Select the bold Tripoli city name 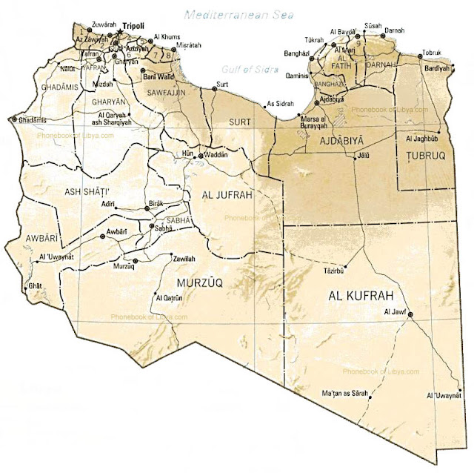point(134,24)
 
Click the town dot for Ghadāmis point(13,119)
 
